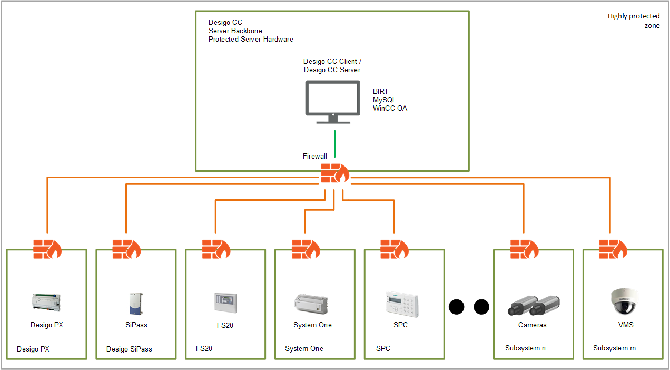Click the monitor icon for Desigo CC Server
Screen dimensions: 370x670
pyautogui.click(x=333, y=102)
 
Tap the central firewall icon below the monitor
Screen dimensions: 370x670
pyautogui.click(x=334, y=173)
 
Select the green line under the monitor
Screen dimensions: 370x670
pyautogui.click(x=334, y=144)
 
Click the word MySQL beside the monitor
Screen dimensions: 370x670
pyautogui.click(x=385, y=100)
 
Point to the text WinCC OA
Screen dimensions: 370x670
pyautogui.click(x=390, y=109)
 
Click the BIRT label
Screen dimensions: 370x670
pyautogui.click(x=380, y=92)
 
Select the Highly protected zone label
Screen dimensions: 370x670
pyautogui.click(x=634, y=21)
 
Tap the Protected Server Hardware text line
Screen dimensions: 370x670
pyautogui.click(x=251, y=40)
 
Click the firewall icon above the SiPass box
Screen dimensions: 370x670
pyautogui.click(x=126, y=249)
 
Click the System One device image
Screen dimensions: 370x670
pyautogui.click(x=312, y=304)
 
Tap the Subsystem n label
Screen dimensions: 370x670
pyautogui.click(x=526, y=348)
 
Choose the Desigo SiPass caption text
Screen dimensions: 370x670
pyautogui.click(x=129, y=349)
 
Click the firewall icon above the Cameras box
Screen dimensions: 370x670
pyautogui.click(x=525, y=249)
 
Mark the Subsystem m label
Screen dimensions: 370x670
pyautogui.click(x=614, y=348)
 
